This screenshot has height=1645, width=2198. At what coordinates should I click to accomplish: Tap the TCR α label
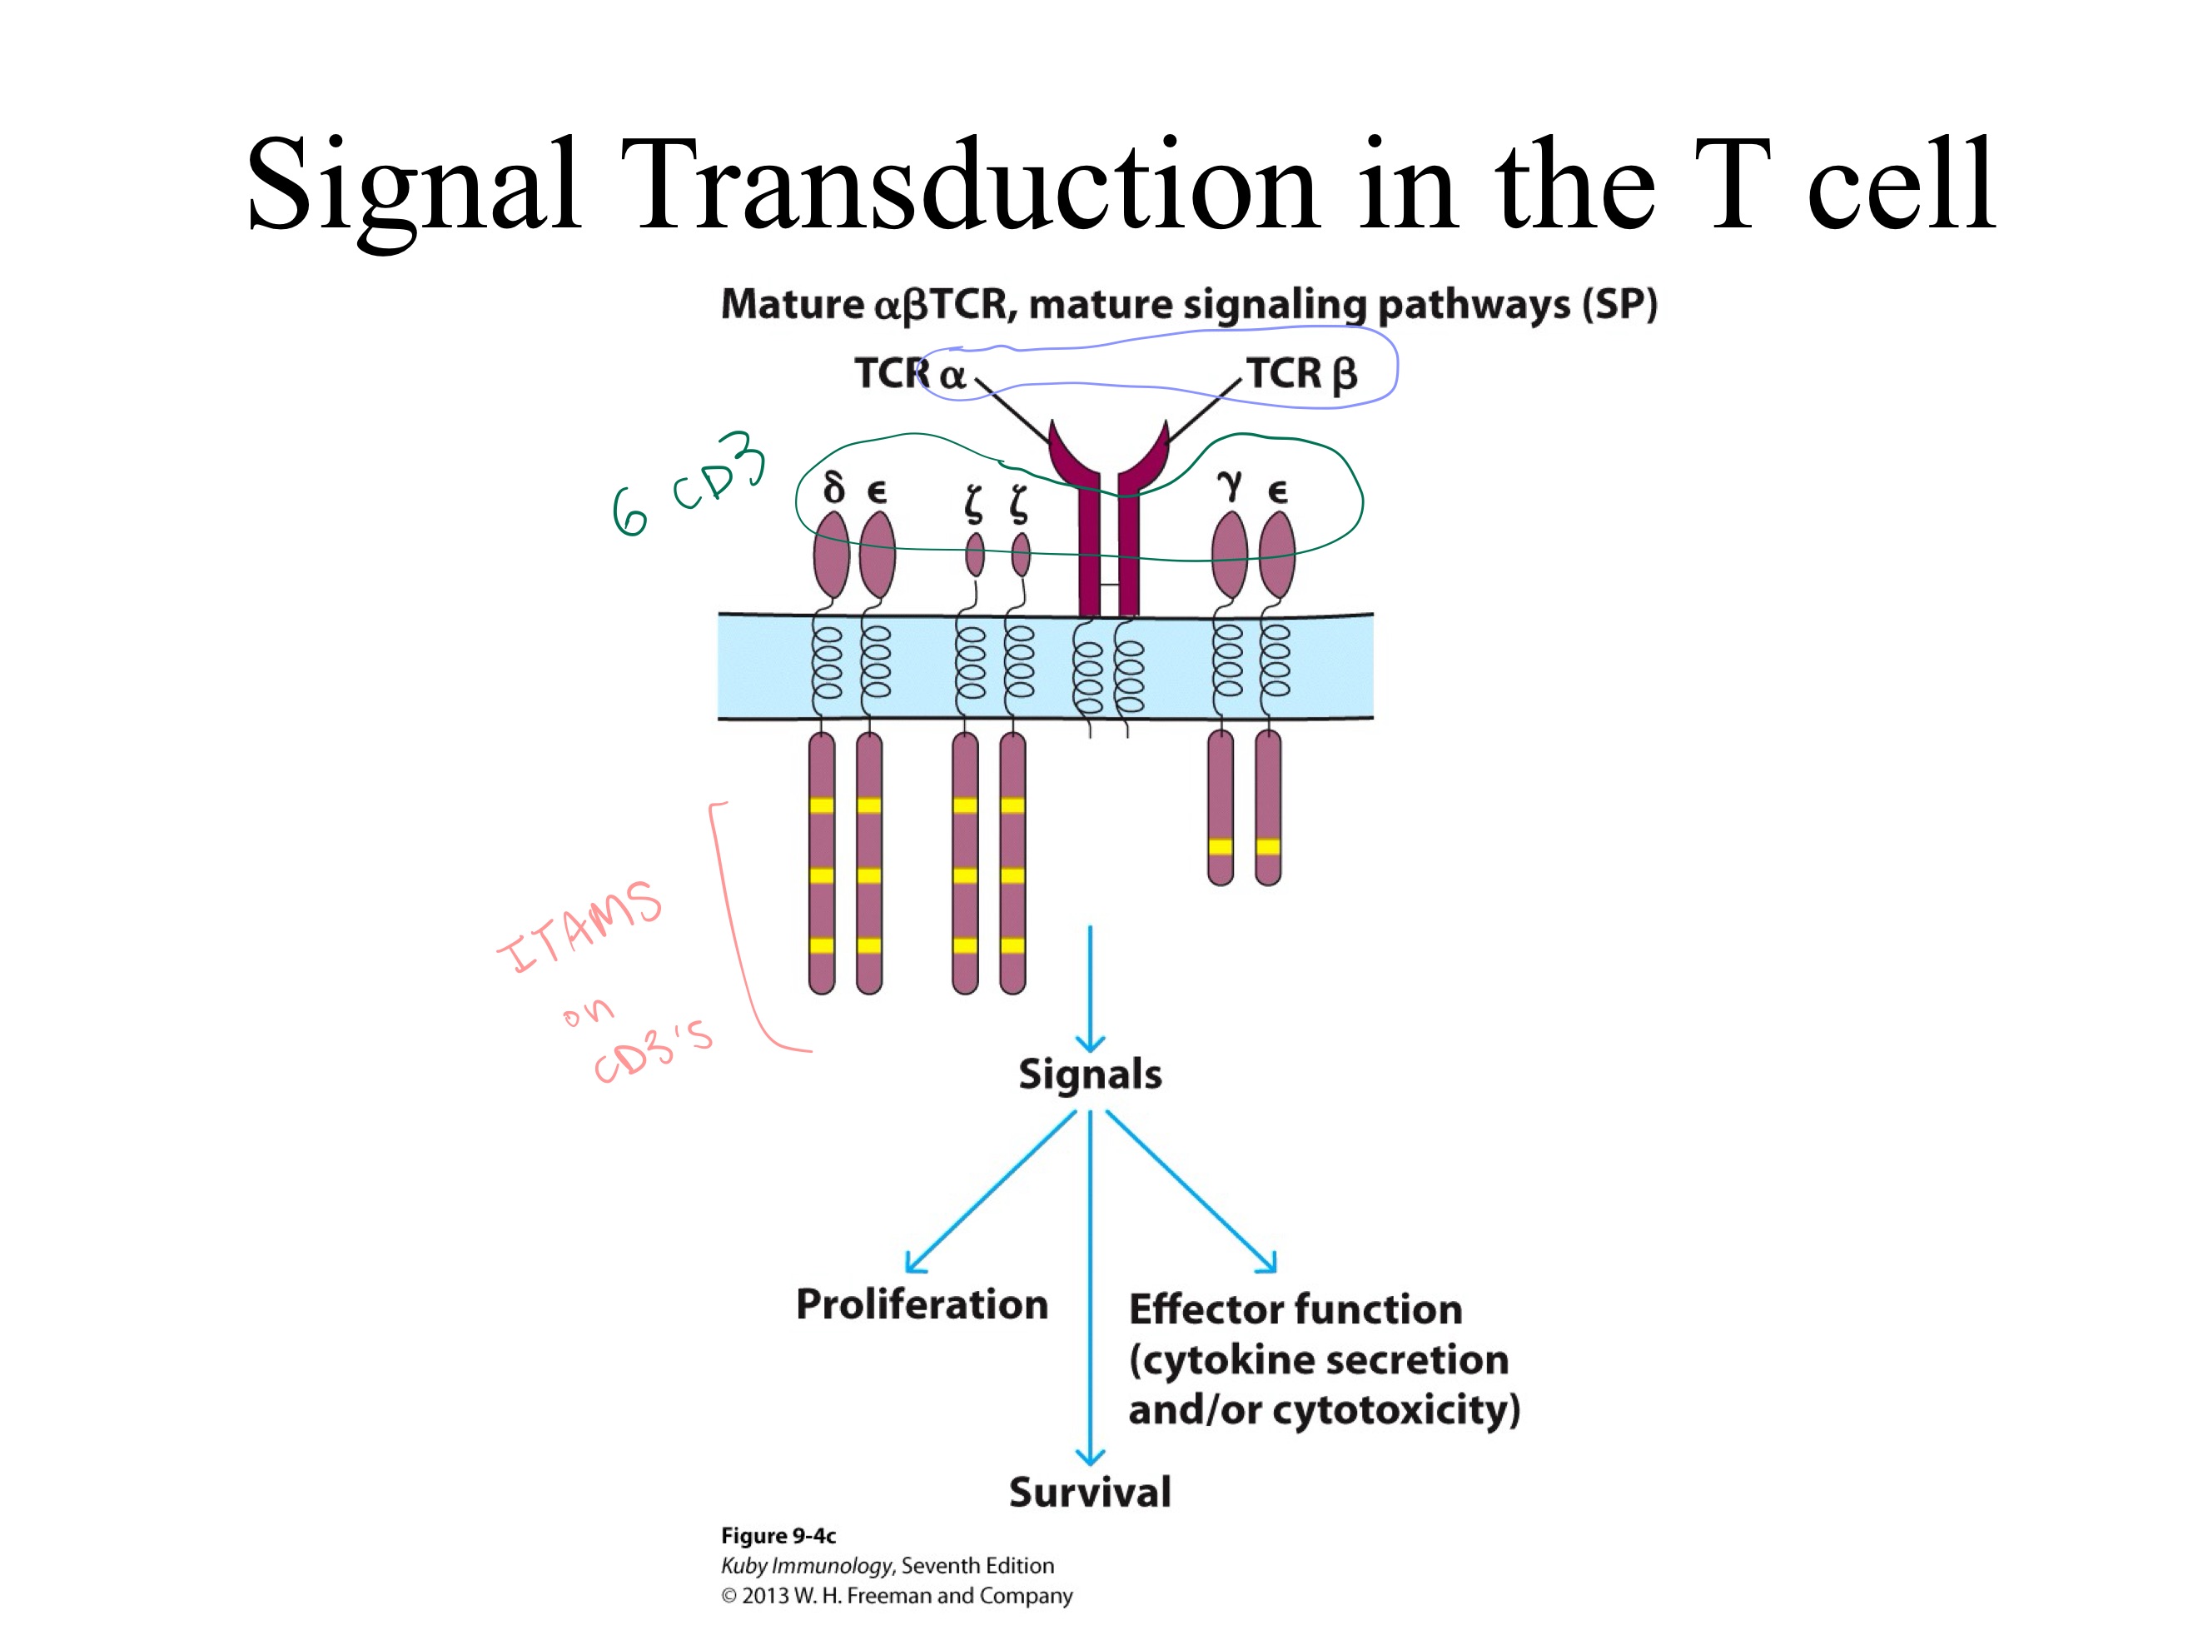(x=909, y=374)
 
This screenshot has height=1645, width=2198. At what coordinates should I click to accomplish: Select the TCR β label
(x=1300, y=374)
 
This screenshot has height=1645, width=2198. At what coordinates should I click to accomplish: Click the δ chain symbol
(x=833, y=488)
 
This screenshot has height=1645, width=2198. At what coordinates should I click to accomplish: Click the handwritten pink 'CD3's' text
(x=653, y=1054)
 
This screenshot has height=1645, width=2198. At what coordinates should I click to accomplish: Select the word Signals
(x=1089, y=1074)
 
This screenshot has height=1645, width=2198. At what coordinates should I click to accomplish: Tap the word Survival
(x=1089, y=1492)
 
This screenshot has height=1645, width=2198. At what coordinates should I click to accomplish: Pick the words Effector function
(x=1295, y=1309)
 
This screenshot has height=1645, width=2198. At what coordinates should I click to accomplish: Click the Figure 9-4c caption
(x=778, y=1536)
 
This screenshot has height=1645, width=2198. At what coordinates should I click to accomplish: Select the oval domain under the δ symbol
(x=831, y=555)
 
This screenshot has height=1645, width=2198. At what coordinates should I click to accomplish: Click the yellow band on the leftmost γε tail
(x=1221, y=847)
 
